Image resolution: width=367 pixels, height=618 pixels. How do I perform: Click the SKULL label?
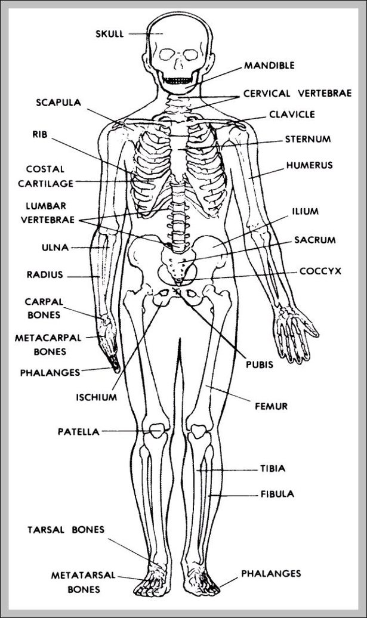pyautogui.click(x=110, y=34)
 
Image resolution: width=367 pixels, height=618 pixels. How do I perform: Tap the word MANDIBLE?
pyautogui.click(x=269, y=66)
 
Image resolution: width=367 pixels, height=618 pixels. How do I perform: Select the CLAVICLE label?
pyautogui.click(x=292, y=114)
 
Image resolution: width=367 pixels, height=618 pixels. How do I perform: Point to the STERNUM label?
pyautogui.click(x=307, y=140)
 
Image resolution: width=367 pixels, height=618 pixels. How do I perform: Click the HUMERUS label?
pyautogui.click(x=309, y=165)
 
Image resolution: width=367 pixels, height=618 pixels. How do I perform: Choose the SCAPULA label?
pyautogui.click(x=58, y=102)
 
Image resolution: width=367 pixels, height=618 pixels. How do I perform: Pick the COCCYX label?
pyautogui.click(x=320, y=271)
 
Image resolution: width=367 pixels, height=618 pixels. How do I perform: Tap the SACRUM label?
pyautogui.click(x=314, y=240)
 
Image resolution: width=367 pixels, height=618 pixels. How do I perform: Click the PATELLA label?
pyautogui.click(x=78, y=431)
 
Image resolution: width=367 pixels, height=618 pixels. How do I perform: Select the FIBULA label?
pyautogui.click(x=277, y=495)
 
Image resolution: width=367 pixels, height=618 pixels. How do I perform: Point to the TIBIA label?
pyautogui.click(x=272, y=469)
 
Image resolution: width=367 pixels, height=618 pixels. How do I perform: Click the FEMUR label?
pyautogui.click(x=272, y=406)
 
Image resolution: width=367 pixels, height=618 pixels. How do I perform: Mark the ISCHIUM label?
pyautogui.click(x=96, y=397)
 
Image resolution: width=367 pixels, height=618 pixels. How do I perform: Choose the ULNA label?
pyautogui.click(x=55, y=247)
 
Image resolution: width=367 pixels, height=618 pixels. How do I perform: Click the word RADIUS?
pyautogui.click(x=44, y=275)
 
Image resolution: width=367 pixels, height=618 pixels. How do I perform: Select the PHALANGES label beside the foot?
pyautogui.click(x=271, y=574)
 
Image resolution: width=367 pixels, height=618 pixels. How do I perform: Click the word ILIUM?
pyautogui.click(x=306, y=211)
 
